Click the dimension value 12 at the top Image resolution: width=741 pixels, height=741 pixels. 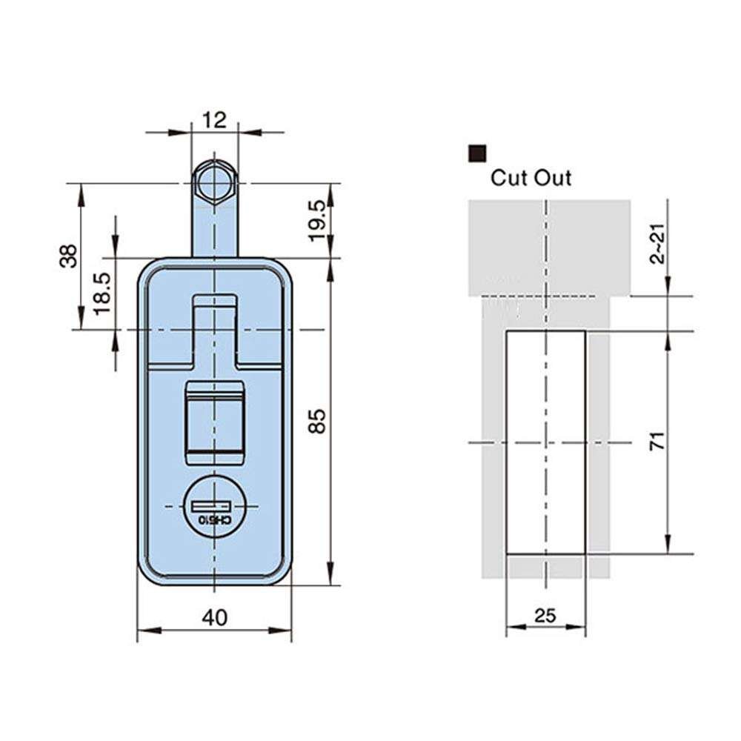coord(214,120)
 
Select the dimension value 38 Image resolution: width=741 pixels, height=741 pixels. coord(68,256)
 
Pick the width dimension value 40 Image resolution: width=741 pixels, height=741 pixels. coord(214,617)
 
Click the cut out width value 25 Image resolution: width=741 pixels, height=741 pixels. coord(545,615)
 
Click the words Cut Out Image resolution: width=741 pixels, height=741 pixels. coord(531,178)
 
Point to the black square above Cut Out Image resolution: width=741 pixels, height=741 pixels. coord(477,153)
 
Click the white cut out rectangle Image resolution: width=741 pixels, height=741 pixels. coord(545,442)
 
